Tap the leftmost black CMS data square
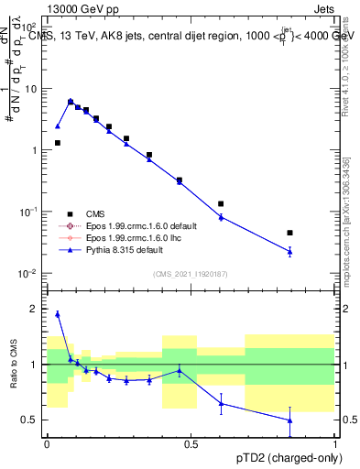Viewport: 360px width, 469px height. (58, 143)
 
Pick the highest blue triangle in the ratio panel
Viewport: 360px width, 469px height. (58, 313)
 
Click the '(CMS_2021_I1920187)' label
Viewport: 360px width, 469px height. (191, 274)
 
